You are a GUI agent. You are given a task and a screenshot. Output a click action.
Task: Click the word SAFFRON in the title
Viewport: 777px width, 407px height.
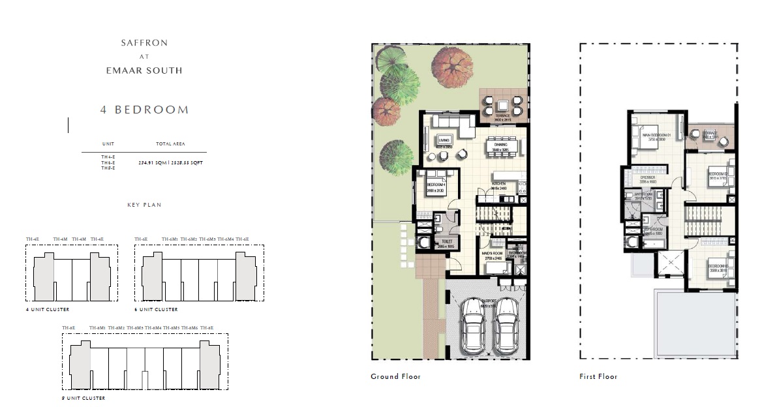coord(144,43)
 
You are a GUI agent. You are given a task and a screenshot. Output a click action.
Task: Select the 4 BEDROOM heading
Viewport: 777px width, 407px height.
coord(144,110)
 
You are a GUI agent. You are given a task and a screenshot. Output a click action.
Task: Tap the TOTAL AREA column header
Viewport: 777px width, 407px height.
coord(170,143)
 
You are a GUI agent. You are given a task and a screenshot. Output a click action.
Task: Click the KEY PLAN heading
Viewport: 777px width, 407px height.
coord(144,205)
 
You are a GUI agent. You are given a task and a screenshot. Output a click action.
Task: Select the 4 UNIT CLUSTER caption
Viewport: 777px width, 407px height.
coord(48,309)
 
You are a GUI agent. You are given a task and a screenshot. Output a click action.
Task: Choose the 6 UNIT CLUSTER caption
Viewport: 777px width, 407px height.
coord(156,309)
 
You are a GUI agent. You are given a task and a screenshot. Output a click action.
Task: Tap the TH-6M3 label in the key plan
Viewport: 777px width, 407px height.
coord(207,239)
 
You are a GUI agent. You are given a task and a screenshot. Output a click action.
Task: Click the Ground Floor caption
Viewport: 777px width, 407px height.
coord(395,376)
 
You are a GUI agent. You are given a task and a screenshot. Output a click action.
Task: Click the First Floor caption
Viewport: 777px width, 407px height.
coord(598,376)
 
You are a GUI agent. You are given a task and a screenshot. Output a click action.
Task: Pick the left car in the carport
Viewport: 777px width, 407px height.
coord(473,327)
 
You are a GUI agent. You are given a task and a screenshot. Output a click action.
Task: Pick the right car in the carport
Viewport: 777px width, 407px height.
coord(506,327)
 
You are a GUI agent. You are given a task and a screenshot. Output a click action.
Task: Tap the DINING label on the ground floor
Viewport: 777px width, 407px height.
coord(500,145)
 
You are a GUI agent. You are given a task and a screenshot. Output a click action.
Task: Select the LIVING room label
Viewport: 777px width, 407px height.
coord(444,140)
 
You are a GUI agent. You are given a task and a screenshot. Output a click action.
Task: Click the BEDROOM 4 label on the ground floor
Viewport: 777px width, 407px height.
coord(436,185)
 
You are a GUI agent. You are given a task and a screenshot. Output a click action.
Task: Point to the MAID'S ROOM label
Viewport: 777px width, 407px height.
coord(493,253)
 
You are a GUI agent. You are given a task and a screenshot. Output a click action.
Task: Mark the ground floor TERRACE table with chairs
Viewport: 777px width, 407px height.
coord(503,106)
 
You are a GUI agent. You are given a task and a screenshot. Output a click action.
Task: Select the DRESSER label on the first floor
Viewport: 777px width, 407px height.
coord(647,177)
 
